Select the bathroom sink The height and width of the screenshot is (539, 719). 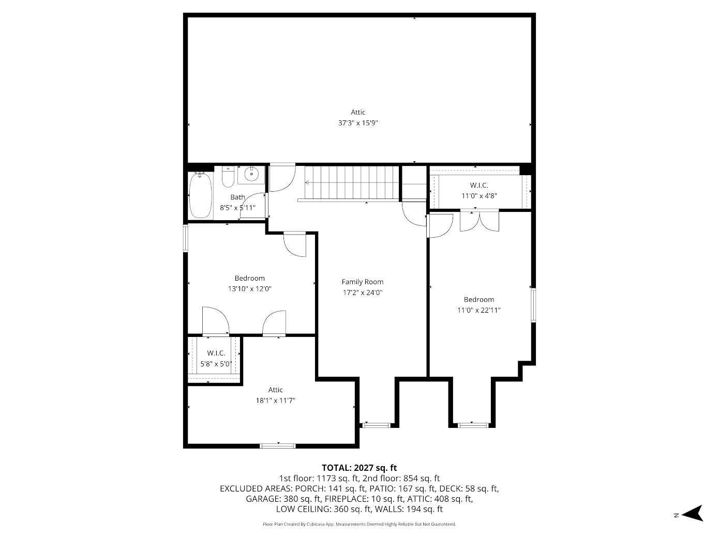[251, 175]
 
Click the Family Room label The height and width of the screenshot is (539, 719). [363, 282]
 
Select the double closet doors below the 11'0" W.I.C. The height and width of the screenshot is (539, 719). [480, 221]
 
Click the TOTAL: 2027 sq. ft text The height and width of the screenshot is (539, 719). [359, 468]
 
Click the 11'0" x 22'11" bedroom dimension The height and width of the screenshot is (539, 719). [478, 310]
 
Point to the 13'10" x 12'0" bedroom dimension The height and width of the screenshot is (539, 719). [250, 289]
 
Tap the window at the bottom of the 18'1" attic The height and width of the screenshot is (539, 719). [278, 445]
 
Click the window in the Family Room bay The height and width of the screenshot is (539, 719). [376, 425]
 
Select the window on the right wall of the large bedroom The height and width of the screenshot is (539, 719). [533, 305]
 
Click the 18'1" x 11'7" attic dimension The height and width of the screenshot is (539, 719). [276, 401]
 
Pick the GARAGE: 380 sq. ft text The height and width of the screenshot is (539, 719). [282, 499]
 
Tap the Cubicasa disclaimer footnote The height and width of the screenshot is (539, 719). [359, 524]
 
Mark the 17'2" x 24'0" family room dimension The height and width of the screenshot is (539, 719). [363, 292]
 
